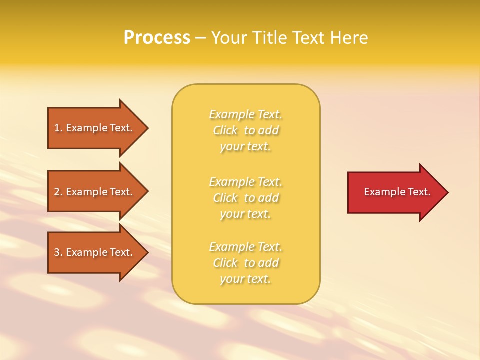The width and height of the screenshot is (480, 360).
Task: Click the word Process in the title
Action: [157, 38]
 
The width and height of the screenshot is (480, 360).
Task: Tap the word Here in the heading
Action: [349, 38]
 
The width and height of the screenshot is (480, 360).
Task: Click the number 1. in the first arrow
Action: [58, 128]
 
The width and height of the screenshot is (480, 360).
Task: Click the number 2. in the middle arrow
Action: [58, 192]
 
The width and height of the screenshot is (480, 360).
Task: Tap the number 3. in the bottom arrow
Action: [58, 252]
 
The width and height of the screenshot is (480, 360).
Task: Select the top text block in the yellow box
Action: [246, 130]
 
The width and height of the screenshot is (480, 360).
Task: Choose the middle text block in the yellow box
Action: [246, 198]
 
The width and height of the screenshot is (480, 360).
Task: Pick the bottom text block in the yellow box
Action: [246, 263]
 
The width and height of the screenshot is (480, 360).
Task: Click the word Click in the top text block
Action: [225, 130]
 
